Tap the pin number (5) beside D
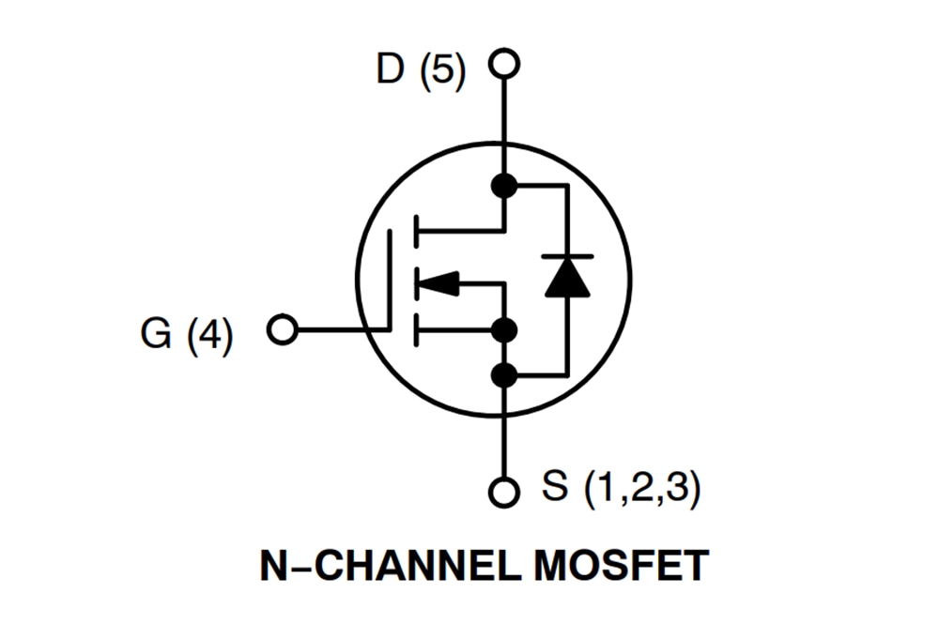(441, 70)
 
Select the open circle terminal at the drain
(505, 64)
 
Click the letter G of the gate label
(157, 332)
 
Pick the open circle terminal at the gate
(282, 330)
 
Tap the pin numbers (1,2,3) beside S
(641, 489)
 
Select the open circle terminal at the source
(505, 491)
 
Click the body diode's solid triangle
(567, 279)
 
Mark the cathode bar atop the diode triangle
(567, 256)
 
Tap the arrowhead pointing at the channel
(439, 282)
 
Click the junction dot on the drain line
(505, 185)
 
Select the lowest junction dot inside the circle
(505, 375)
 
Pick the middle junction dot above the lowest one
(505, 330)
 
